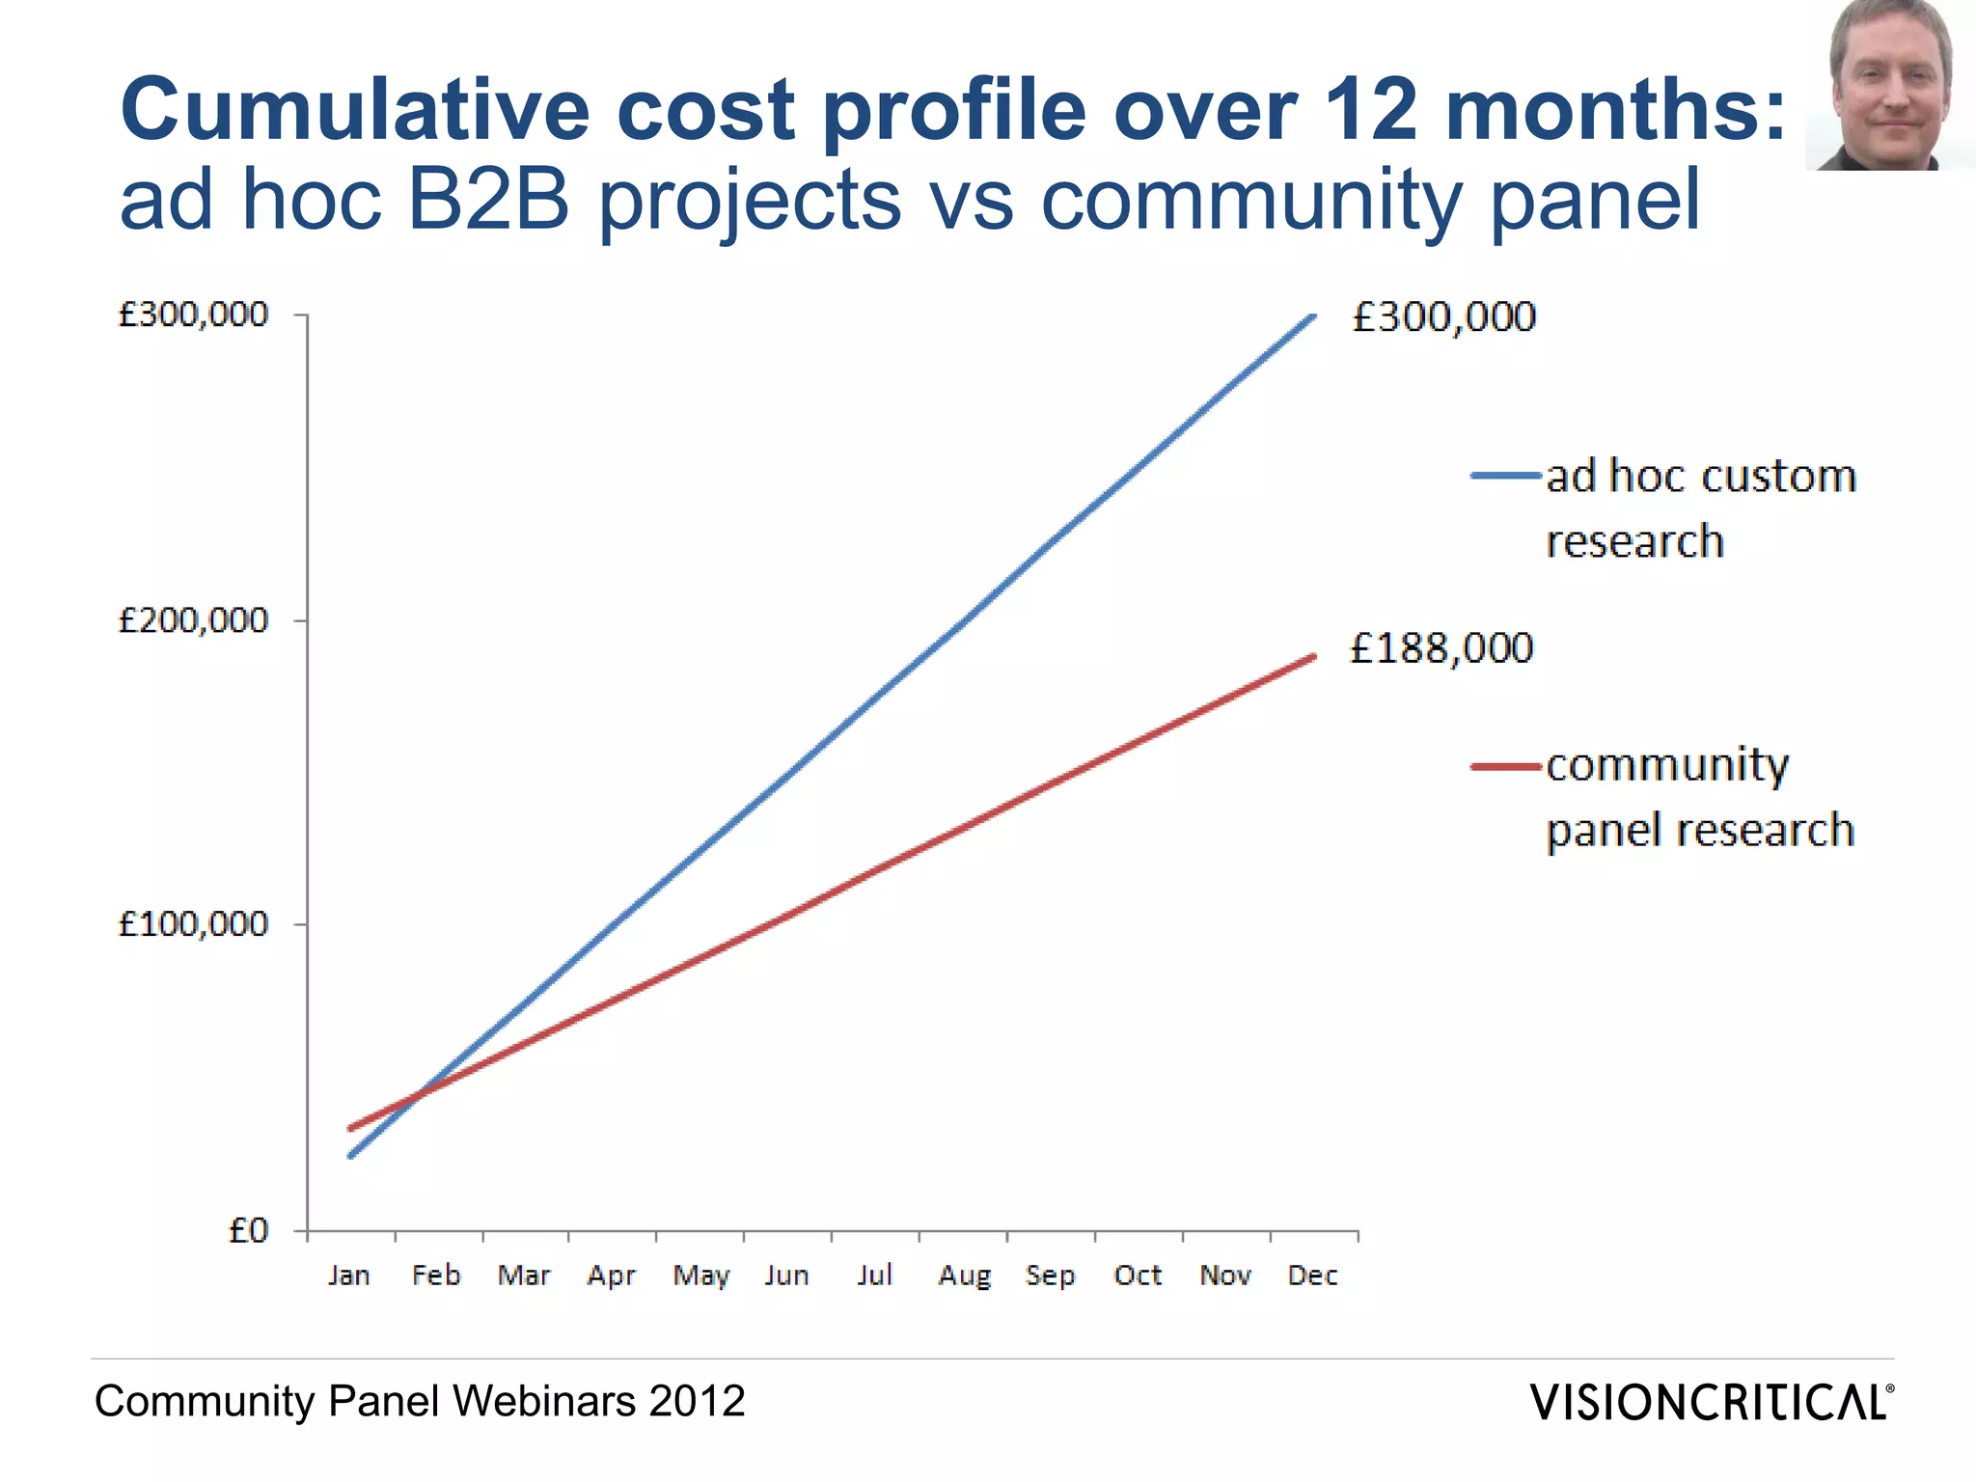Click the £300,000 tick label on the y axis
[192, 315]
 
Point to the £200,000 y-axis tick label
[192, 619]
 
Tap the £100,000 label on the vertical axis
[192, 924]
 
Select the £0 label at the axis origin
[247, 1230]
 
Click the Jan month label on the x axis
[349, 1276]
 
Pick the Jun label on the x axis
[786, 1276]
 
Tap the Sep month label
[1050, 1276]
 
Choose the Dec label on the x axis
[1313, 1276]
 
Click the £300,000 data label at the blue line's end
[1443, 317]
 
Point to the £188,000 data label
[1441, 648]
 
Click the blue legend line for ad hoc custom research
[1505, 476]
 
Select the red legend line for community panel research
[1505, 767]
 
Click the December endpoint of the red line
[1313, 657]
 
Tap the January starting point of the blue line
[350, 1155]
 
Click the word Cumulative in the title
[354, 109]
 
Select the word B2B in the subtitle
[488, 200]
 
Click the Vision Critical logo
[1711, 1402]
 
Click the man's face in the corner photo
[1889, 87]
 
